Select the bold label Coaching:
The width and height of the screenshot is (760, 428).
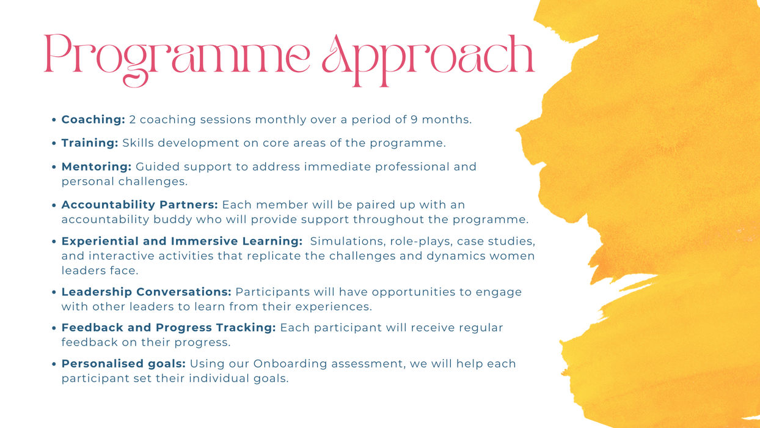pos(93,120)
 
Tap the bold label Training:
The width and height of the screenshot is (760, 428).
pos(90,143)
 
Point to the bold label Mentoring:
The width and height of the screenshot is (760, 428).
pos(97,167)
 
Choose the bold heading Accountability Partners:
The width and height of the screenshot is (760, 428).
pos(139,205)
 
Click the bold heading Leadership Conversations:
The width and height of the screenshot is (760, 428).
pos(146,292)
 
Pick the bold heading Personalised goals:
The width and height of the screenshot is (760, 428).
pos(123,364)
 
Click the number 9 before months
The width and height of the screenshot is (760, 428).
pos(414,120)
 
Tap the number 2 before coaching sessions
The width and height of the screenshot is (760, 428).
pos(133,120)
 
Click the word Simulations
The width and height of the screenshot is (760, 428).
pos(348,241)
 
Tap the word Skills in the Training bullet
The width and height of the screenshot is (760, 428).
pos(138,143)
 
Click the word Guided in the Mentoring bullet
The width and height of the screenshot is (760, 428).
pos(158,167)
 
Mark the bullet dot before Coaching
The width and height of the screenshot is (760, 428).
pos(54,120)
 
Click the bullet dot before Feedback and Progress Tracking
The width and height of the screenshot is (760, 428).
pos(54,328)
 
